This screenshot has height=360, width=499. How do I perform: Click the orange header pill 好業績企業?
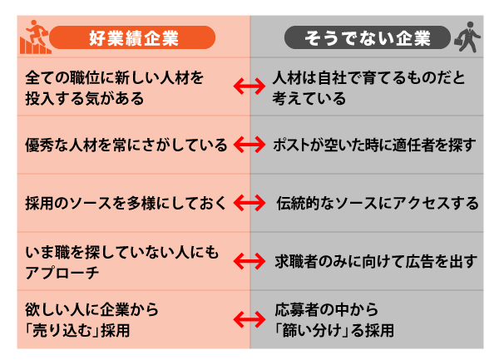[x=132, y=37]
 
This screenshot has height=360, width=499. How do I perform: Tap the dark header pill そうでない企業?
[x=368, y=37]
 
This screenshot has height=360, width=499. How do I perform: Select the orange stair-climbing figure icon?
[x=35, y=37]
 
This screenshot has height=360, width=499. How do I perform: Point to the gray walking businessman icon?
[x=467, y=37]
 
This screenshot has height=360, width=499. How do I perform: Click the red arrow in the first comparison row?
[x=249, y=86]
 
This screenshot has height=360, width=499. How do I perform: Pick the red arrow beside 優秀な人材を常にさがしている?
[x=249, y=145]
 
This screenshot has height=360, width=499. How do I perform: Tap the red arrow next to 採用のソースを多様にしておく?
[x=249, y=203]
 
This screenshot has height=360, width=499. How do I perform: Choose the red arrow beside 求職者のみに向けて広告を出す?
[x=249, y=261]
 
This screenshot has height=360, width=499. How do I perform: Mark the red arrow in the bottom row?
[x=249, y=319]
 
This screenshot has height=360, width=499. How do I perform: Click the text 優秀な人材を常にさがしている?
[x=126, y=145]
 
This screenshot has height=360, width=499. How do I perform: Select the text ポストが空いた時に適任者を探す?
[x=374, y=145]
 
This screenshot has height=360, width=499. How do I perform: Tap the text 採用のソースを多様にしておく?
[x=126, y=203]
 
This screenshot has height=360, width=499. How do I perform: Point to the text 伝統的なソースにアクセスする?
[x=378, y=203]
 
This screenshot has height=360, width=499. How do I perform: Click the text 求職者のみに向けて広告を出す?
[x=376, y=261]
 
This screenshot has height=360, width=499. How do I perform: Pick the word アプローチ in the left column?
[x=62, y=273]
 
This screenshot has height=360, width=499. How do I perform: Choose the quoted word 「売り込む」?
[x=62, y=331]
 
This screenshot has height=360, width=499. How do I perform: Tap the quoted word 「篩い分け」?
[x=312, y=331]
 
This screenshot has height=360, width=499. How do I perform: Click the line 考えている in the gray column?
[x=309, y=98]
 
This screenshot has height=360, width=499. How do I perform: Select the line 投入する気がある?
[x=85, y=98]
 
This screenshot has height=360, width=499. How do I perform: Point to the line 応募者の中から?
[x=327, y=309]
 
